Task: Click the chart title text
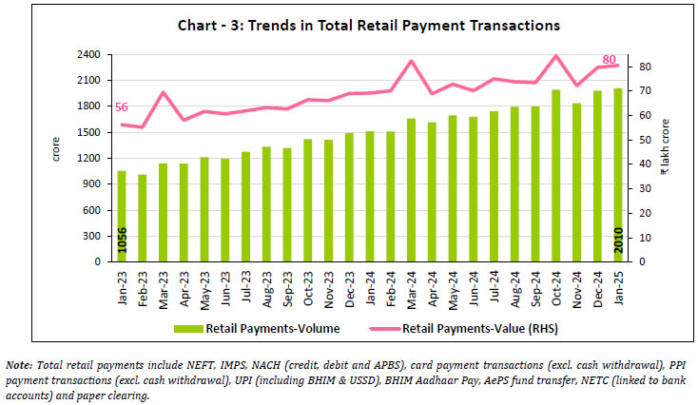(x=351, y=25)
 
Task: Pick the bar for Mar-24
(x=411, y=190)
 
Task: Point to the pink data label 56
(x=121, y=107)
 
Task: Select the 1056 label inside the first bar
(x=122, y=242)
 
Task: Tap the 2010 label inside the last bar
(x=616, y=242)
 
